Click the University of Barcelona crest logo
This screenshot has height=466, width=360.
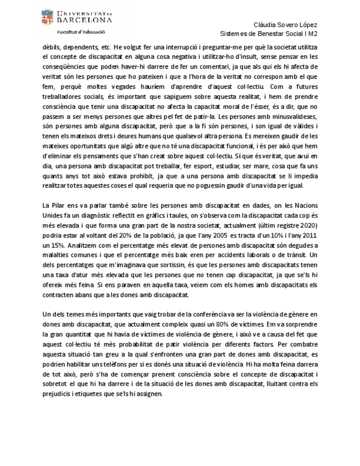click(x=47, y=18)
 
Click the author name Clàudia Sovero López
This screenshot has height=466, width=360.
click(x=285, y=25)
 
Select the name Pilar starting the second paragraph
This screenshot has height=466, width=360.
click(x=59, y=206)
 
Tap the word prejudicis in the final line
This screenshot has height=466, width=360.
click(x=58, y=394)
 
